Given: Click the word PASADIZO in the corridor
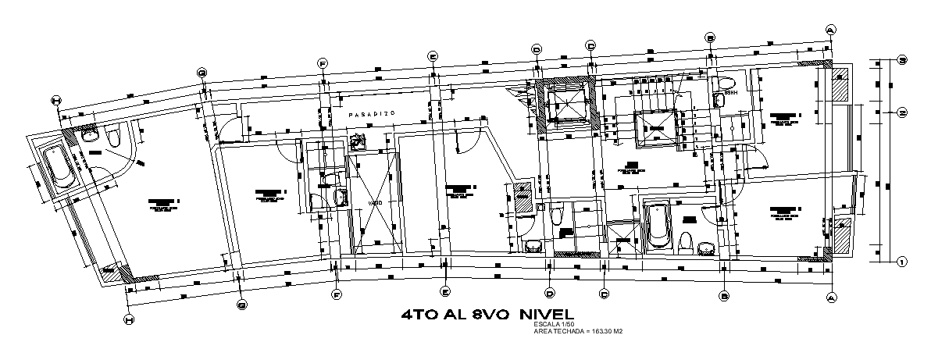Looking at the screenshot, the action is click(x=373, y=114).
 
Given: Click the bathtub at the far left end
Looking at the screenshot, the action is click(x=55, y=167).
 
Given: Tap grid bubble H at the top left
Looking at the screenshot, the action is click(x=55, y=100).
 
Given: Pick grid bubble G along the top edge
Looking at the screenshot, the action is click(x=202, y=73).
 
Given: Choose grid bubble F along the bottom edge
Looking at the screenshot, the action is click(x=337, y=294).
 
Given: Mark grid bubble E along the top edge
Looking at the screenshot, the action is click(x=432, y=55).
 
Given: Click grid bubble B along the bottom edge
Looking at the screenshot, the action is click(x=724, y=296).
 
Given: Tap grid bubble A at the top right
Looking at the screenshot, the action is click(x=830, y=29).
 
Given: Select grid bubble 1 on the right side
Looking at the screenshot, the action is click(x=901, y=262).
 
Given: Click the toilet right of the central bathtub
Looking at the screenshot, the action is click(x=686, y=241).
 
